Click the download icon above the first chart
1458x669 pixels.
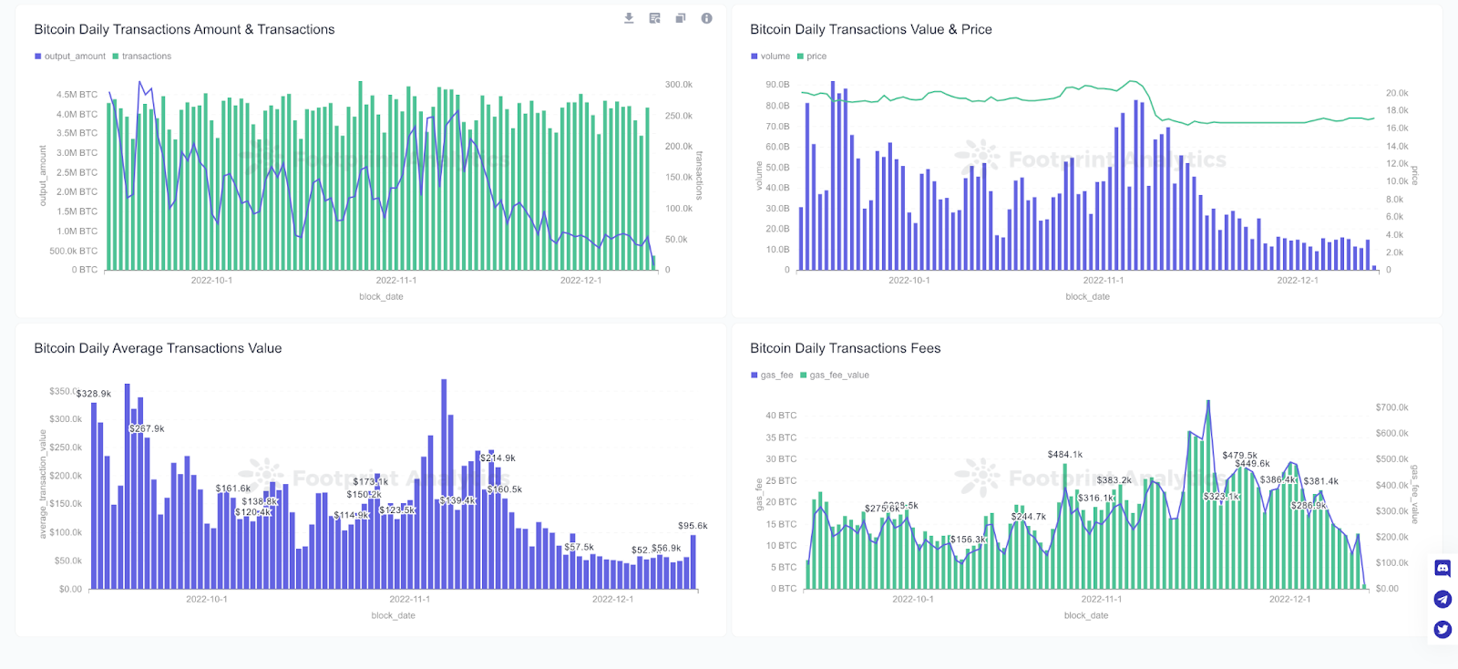tap(629, 18)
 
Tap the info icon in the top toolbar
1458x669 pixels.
tap(706, 18)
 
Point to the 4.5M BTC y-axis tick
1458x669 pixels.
tap(77, 95)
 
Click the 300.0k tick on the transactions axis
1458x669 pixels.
tap(678, 85)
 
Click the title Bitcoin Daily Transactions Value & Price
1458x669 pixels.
tap(870, 29)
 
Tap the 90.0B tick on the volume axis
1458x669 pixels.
tap(777, 85)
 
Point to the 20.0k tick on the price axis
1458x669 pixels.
tap(1397, 93)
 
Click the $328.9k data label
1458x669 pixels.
tap(94, 394)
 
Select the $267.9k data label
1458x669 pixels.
tap(147, 428)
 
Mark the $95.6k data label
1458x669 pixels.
tap(693, 526)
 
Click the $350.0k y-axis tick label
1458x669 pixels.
tap(62, 391)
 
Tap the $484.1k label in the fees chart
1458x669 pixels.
tap(1064, 454)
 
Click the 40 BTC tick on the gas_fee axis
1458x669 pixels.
tap(781, 416)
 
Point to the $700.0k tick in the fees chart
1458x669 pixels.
tap(1391, 407)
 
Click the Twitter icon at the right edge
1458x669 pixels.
tap(1443, 630)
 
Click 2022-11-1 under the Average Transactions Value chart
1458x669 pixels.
tap(409, 599)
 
